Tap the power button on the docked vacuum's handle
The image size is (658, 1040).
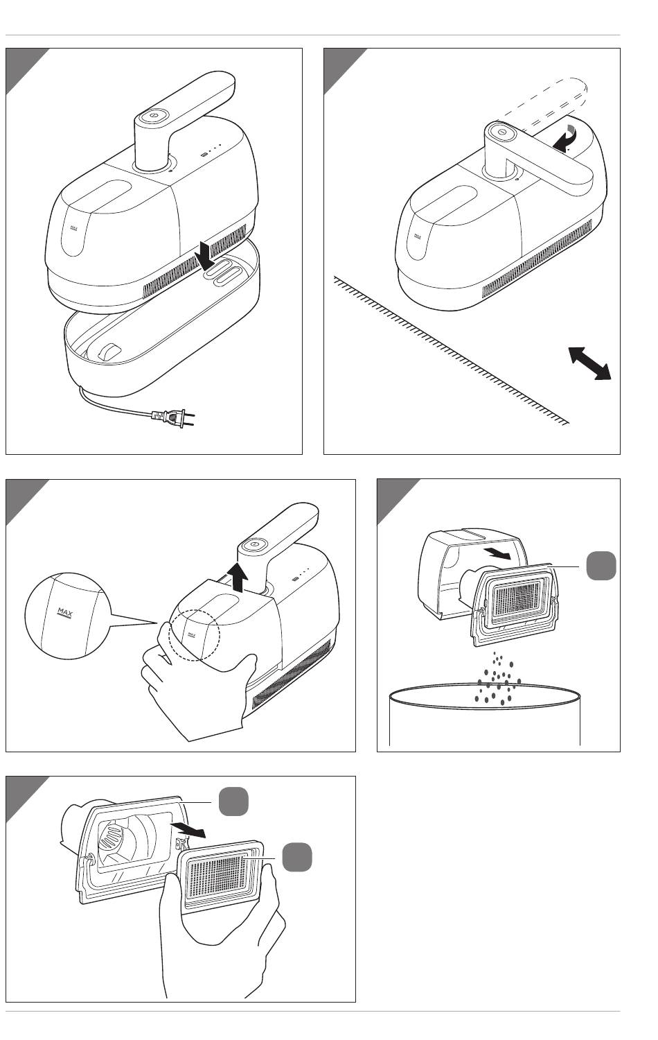click(154, 119)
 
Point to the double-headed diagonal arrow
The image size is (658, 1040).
click(589, 363)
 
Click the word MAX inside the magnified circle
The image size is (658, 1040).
click(66, 612)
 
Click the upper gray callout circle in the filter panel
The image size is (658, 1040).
click(233, 801)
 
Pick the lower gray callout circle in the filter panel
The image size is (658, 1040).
click(296, 858)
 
